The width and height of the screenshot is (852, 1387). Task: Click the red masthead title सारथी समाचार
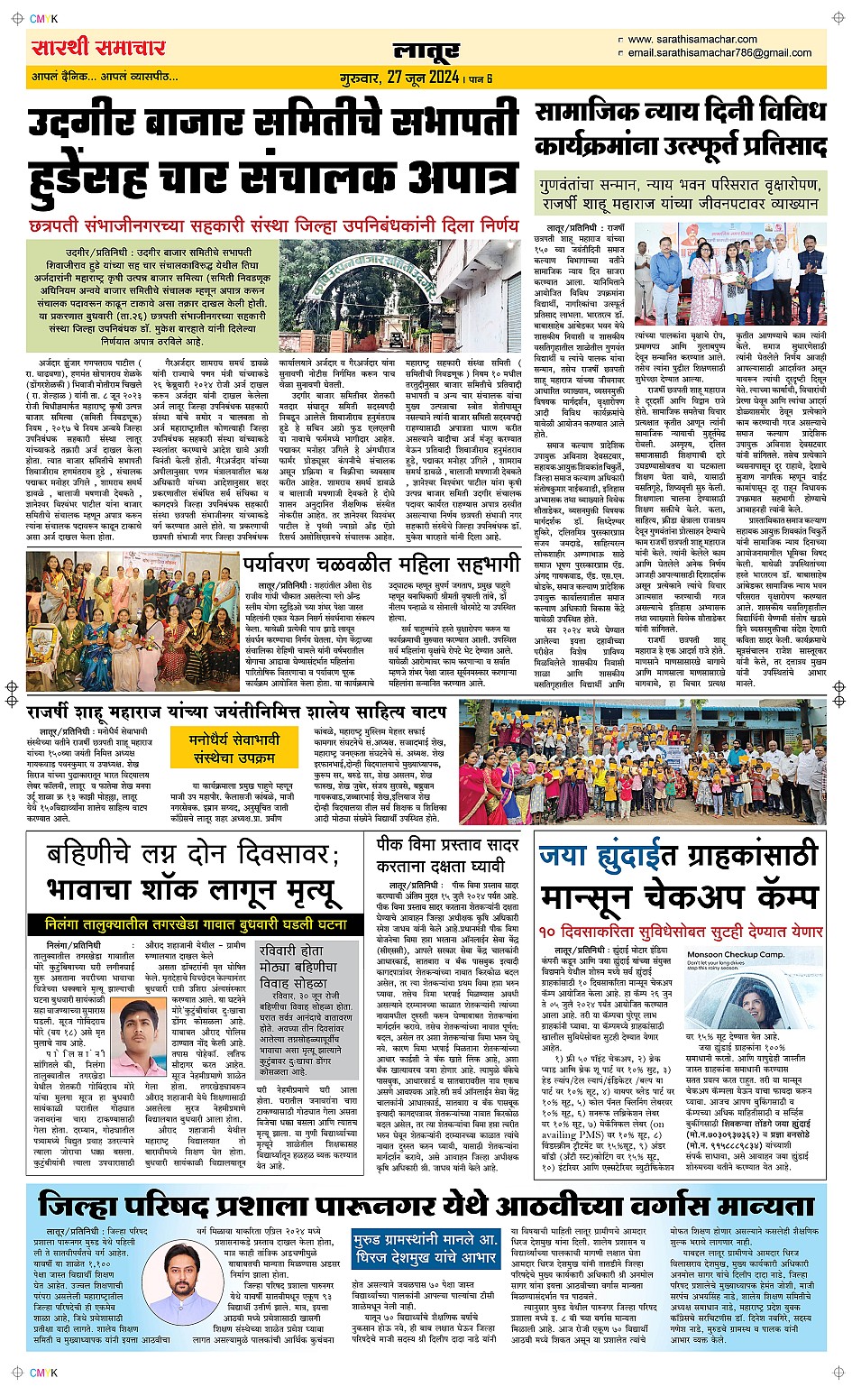(98, 47)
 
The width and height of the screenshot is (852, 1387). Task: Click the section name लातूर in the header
(426, 51)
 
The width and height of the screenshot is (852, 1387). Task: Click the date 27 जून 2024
(423, 78)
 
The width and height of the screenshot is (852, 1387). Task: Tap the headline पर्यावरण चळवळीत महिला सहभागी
(381, 564)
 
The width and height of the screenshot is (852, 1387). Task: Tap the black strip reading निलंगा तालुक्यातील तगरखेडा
(195, 924)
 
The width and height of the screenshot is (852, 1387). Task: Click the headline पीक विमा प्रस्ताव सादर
(447, 846)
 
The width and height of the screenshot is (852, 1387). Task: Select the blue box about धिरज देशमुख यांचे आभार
(426, 1249)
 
